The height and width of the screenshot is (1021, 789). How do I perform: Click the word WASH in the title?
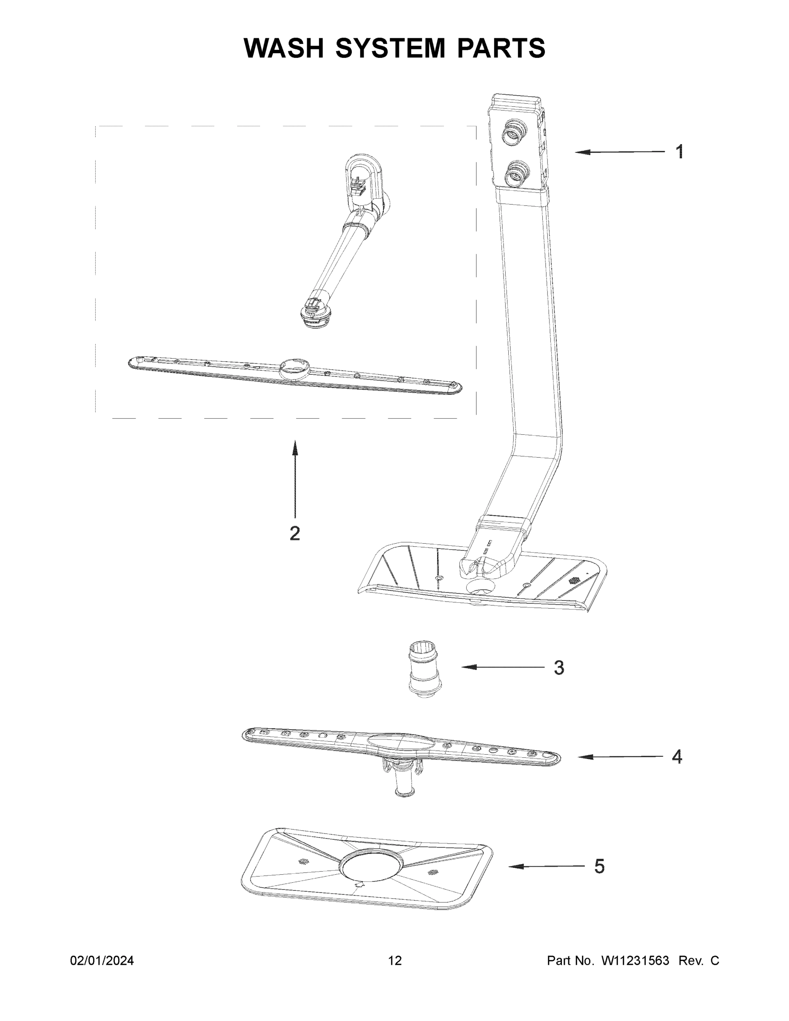[x=284, y=48]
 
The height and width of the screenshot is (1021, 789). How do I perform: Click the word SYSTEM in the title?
[x=390, y=48]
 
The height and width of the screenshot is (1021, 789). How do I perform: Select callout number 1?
[x=680, y=151]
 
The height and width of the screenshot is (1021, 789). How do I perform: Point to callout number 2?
[x=294, y=533]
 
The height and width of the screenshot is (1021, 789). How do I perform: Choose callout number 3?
[x=558, y=667]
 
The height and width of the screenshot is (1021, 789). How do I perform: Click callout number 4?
[x=677, y=756]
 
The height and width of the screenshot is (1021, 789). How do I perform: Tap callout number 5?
[x=599, y=866]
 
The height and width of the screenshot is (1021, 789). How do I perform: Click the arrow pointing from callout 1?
[x=619, y=151]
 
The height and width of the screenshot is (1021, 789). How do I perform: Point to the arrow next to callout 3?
[x=503, y=667]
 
